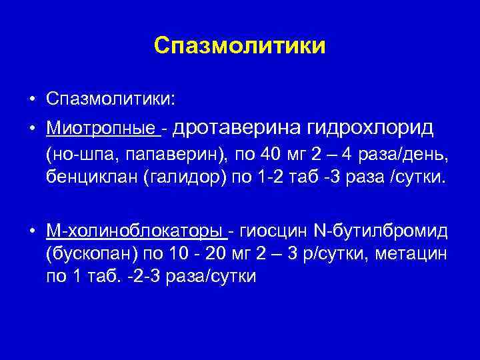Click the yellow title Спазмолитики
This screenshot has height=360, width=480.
(x=239, y=45)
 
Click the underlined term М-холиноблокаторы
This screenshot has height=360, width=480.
(x=135, y=231)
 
